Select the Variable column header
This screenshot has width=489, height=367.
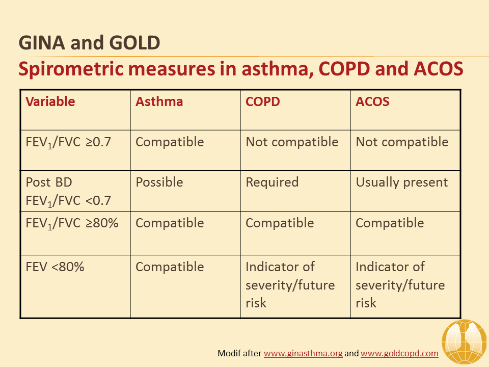click(x=50, y=101)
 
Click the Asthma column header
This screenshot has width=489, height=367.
click(x=159, y=101)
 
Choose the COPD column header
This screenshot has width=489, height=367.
click(x=263, y=101)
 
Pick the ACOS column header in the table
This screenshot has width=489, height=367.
click(x=372, y=101)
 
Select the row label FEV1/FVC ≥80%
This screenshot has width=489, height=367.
click(x=72, y=223)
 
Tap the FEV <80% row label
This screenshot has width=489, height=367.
click(x=55, y=267)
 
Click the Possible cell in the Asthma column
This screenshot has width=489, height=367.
click(x=159, y=182)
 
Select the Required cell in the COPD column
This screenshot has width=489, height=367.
click(x=272, y=182)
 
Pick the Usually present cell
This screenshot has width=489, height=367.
click(x=402, y=182)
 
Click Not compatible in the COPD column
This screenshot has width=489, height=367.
click(x=292, y=142)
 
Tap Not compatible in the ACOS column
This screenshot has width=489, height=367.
click(x=402, y=142)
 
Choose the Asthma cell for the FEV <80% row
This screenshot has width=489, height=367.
click(x=170, y=267)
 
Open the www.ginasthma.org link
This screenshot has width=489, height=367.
click(x=303, y=353)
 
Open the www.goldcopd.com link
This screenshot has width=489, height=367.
click(x=399, y=353)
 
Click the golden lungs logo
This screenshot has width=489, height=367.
click(x=465, y=343)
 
